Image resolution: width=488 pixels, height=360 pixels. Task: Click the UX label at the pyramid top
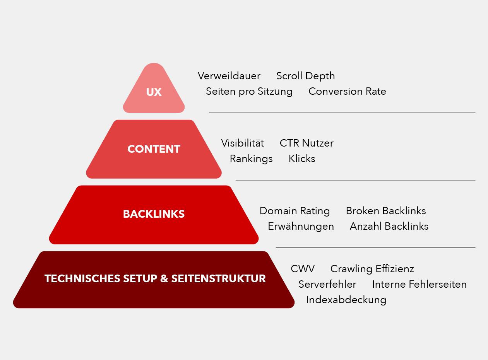[154, 92]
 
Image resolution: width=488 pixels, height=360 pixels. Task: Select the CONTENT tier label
[154, 149]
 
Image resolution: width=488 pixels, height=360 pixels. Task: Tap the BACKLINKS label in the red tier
[154, 214]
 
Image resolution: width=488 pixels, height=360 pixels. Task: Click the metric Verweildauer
[229, 76]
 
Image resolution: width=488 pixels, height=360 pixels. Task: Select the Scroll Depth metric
[305, 76]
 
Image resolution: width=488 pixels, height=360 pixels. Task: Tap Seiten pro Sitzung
[249, 92]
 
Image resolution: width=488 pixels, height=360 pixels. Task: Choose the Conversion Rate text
[347, 92]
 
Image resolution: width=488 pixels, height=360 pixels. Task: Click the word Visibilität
[243, 143]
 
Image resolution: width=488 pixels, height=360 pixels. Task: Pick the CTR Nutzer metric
[306, 143]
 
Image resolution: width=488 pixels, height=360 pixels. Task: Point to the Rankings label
[251, 159]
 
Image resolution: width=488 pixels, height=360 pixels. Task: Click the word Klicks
[302, 159]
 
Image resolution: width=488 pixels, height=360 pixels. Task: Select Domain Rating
[295, 211]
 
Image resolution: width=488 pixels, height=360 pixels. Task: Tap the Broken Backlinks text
[386, 211]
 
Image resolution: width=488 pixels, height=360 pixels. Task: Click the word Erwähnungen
[301, 227]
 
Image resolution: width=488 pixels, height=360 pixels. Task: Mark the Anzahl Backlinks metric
[389, 227]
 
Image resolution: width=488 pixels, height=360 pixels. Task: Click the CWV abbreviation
[303, 269]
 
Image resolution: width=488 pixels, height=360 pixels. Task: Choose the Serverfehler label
[327, 285]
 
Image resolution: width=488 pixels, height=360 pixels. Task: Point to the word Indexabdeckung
[346, 300]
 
